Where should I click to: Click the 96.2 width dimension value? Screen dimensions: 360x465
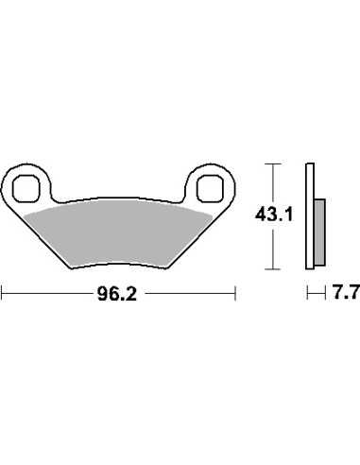117,295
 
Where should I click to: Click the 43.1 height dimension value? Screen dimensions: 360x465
274,215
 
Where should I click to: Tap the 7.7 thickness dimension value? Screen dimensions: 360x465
345,293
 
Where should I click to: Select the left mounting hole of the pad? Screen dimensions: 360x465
26,189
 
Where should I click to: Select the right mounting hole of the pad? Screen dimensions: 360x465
210,189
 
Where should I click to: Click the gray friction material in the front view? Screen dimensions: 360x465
118,233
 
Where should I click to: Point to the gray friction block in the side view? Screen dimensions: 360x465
319,232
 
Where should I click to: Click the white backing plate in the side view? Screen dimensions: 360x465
310,216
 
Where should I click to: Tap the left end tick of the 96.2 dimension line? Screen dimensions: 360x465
2,294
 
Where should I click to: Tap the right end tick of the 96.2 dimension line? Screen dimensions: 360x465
235,294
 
